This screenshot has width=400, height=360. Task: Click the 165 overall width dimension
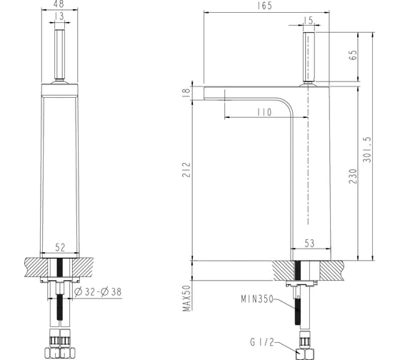tap(264, 6)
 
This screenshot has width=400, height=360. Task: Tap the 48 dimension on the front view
tap(59, 4)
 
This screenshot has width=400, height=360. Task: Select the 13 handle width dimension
tap(59, 16)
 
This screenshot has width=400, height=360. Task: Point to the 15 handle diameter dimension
tap(309, 21)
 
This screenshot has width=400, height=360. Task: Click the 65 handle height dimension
tap(354, 55)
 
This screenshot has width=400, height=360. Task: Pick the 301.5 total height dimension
tap(368, 150)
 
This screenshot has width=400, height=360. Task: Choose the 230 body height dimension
tap(353, 176)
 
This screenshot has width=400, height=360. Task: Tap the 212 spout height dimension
tap(186, 170)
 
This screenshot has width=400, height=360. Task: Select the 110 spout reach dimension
tap(264, 112)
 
